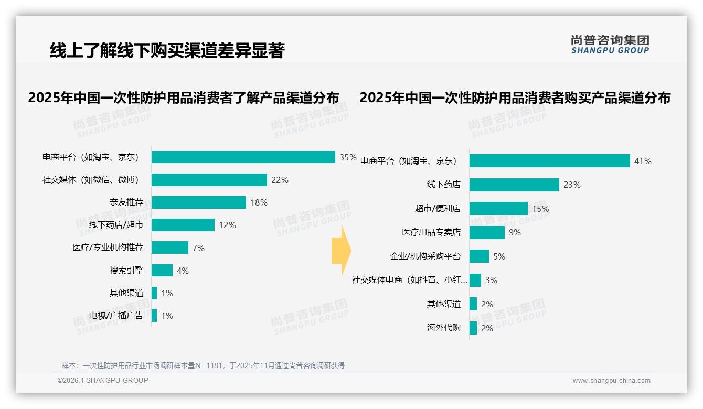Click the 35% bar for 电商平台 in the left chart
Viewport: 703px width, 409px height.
point(243,157)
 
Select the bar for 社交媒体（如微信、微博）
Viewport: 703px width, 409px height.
point(209,180)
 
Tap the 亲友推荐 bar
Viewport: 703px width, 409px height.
point(198,202)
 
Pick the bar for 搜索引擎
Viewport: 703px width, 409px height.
point(162,271)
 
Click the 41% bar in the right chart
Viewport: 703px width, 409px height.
point(549,161)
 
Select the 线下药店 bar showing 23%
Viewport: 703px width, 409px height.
point(514,185)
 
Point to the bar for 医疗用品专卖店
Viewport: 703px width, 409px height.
point(487,232)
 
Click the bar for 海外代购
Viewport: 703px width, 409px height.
point(473,328)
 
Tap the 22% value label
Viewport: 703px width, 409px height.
point(280,180)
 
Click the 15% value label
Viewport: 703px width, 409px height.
point(540,209)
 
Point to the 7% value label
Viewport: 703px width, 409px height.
point(198,248)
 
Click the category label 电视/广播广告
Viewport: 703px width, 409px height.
point(116,316)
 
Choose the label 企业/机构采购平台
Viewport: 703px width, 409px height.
point(425,256)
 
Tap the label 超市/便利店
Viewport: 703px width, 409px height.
point(438,209)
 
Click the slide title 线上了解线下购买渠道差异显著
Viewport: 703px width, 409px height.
point(167,50)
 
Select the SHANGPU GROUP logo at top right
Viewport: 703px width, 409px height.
point(610,45)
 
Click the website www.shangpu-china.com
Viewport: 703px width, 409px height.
point(611,381)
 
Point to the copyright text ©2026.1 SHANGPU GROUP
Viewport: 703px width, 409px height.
point(103,380)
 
